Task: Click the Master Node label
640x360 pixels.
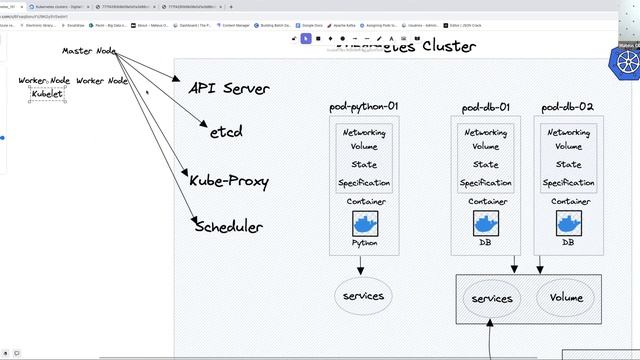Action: [x=89, y=50]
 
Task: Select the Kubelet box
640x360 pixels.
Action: [x=47, y=95]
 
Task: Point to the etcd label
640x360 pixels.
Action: [x=226, y=131]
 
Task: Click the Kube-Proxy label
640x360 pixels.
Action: [x=229, y=180]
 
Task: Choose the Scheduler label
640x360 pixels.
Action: [x=228, y=226]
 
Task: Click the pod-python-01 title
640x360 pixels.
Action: [x=364, y=106]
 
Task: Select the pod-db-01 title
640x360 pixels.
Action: [x=486, y=106]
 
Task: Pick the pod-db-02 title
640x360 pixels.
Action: [x=568, y=106]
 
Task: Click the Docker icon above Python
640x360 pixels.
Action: [x=364, y=222]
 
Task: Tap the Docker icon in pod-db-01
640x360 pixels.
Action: [x=486, y=222]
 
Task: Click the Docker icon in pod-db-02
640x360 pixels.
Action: [x=568, y=222]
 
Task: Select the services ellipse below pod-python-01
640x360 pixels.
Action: [x=363, y=296]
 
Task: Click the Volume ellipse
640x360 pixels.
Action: [x=566, y=297]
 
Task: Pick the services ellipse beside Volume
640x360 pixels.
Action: [x=492, y=298]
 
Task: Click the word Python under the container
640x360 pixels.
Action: [x=364, y=242]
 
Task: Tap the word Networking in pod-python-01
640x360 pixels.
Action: [x=364, y=133]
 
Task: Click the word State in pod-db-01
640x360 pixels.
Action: [x=486, y=165]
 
